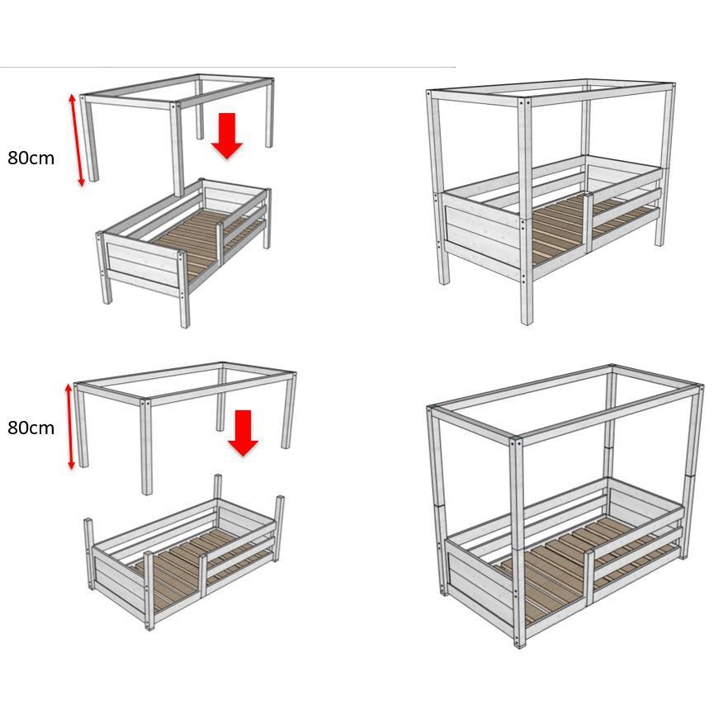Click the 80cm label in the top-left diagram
tap(31, 158)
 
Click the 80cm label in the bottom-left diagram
tap(31, 428)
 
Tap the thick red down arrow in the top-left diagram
tap(227, 136)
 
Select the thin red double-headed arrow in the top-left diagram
tap(77, 139)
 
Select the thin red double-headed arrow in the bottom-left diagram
tap(70, 426)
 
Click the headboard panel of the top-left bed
tap(143, 265)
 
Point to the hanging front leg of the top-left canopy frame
tap(177, 149)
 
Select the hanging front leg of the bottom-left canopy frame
tap(146, 447)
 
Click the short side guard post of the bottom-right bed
tap(589, 577)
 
